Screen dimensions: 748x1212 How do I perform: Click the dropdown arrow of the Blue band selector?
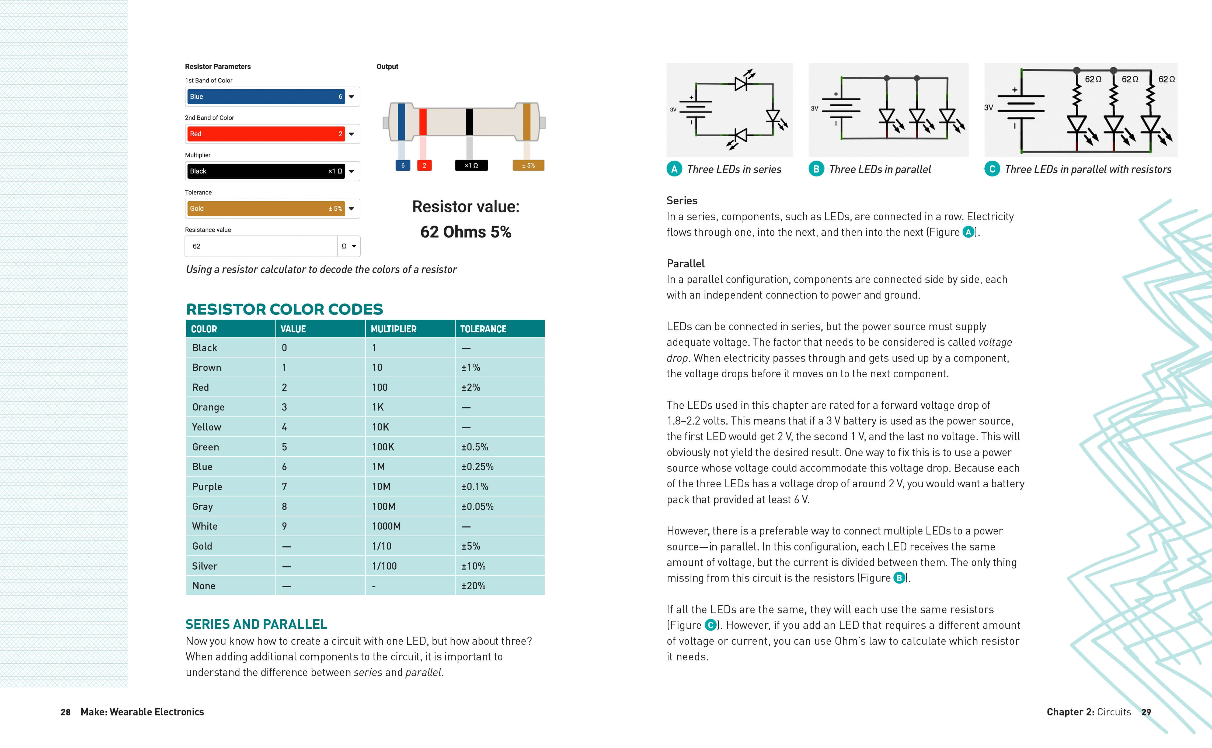click(351, 97)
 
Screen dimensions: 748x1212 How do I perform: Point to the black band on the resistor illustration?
click(469, 122)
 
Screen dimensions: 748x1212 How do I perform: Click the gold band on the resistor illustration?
click(527, 122)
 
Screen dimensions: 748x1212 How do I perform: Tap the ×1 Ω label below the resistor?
click(471, 166)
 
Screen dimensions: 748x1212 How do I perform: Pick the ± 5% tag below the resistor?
click(528, 166)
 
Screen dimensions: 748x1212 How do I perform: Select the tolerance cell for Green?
click(475, 447)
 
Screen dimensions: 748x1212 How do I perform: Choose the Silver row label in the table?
click(205, 566)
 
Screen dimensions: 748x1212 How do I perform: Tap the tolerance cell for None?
click(473, 586)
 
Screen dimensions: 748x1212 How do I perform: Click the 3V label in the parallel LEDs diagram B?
click(814, 108)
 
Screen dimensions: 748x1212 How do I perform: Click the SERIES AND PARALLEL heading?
click(256, 624)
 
